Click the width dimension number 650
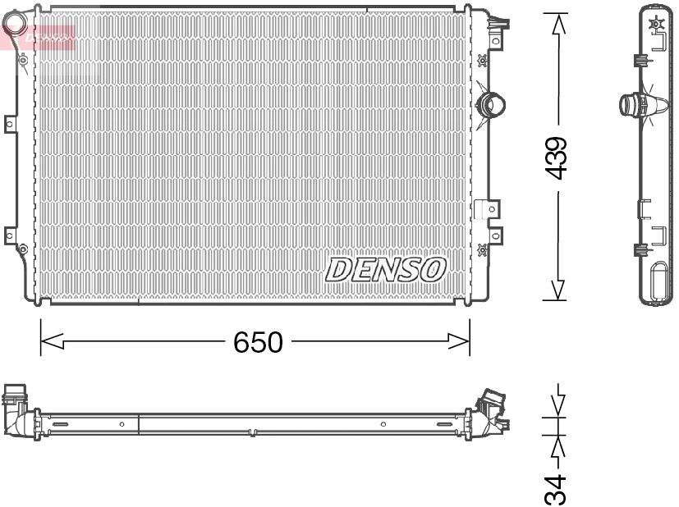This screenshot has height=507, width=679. pyautogui.click(x=257, y=341)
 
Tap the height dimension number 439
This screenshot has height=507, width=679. pyautogui.click(x=557, y=158)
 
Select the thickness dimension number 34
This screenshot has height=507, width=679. pyautogui.click(x=557, y=488)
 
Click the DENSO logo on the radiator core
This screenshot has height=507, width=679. pyautogui.click(x=385, y=269)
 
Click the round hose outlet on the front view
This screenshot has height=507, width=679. pyautogui.click(x=492, y=105)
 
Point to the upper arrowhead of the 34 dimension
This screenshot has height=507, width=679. pyautogui.click(x=558, y=404)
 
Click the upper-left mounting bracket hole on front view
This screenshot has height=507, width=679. pyautogui.click(x=10, y=125)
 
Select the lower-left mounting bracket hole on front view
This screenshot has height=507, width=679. pyautogui.click(x=10, y=235)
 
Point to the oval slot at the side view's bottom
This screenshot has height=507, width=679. pyautogui.click(x=658, y=280)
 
